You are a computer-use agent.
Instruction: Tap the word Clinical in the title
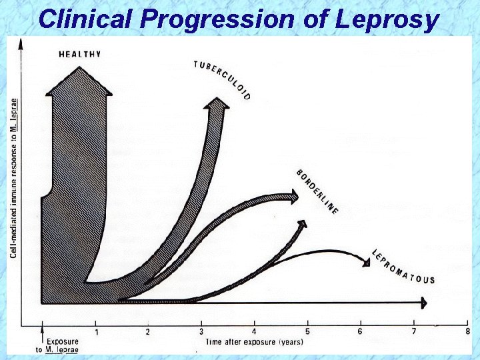pos(86,19)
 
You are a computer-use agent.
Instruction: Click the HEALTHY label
pos(80,54)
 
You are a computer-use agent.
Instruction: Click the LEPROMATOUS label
pos(403,266)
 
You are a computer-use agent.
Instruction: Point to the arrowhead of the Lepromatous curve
pos(366,262)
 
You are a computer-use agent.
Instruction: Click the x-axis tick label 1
pos(96,331)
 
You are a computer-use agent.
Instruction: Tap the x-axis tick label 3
pos(201,331)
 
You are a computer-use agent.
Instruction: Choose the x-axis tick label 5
pos(307,331)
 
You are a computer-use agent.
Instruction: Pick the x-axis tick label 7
pos(414,331)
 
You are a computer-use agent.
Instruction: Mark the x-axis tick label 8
pos(467,331)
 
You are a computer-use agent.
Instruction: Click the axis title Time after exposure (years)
pos(254,342)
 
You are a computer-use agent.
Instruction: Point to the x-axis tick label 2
pos(148,331)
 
